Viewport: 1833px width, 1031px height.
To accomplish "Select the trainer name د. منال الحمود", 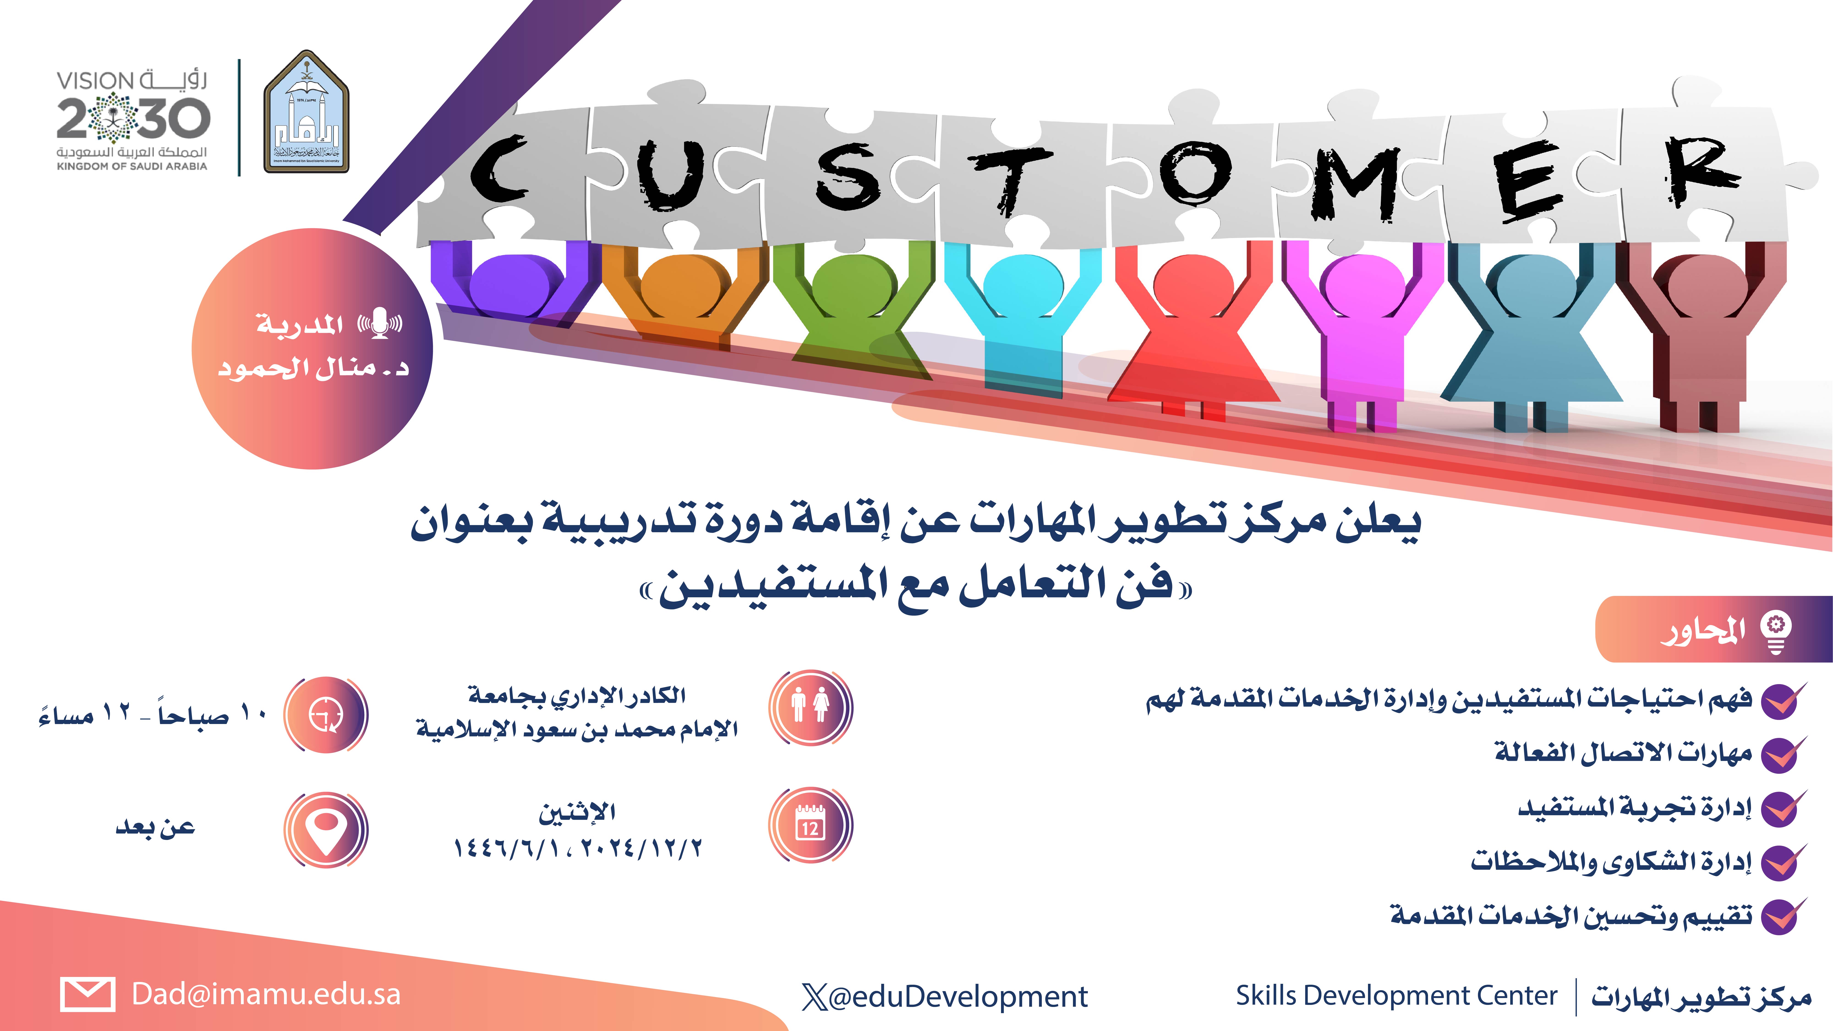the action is point(313,368).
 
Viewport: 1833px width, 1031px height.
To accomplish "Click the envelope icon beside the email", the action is point(88,994).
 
